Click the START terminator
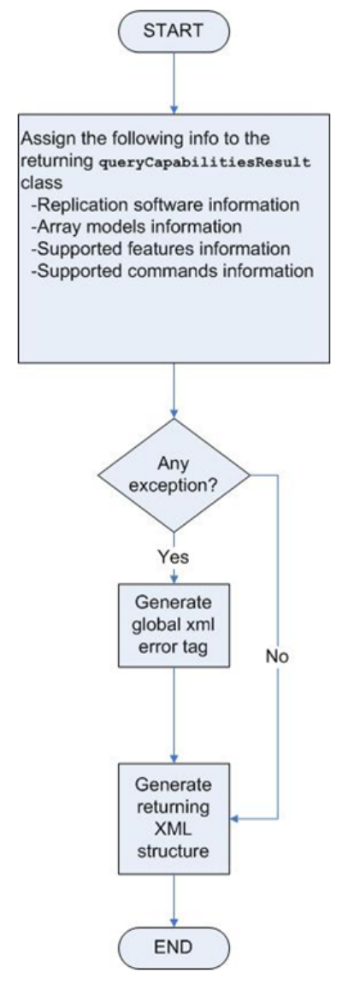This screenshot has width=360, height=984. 174,31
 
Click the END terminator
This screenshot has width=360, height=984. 174,946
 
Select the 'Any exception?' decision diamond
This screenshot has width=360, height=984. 174,475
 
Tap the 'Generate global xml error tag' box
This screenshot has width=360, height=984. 173,625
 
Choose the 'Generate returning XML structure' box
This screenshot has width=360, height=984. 173,818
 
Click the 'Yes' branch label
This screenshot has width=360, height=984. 174,556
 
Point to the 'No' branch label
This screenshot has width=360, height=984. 276,657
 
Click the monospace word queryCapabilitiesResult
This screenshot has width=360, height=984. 205,162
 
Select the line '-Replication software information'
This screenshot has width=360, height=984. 165,205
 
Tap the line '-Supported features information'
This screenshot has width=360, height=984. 160,249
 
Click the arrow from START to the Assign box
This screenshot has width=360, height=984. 174,82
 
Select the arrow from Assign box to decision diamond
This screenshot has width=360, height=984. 174,391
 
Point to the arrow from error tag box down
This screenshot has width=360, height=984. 174,716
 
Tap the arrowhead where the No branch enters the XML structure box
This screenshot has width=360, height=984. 233,818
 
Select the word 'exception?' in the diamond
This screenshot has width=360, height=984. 174,486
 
